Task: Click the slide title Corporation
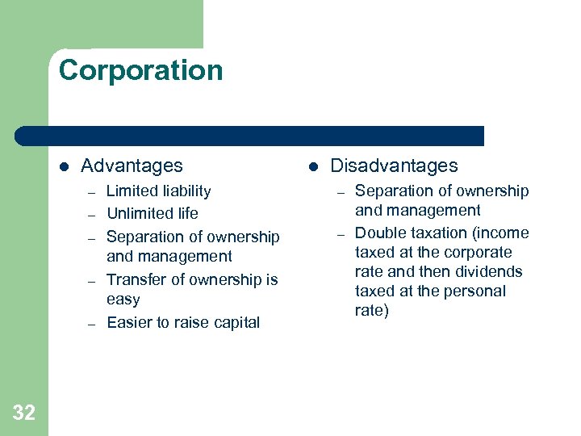(140, 70)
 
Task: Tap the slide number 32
(24, 413)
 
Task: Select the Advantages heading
(132, 166)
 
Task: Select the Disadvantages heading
(394, 166)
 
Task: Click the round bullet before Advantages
(65, 166)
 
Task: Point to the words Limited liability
(158, 191)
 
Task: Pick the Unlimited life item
(152, 214)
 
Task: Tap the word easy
(123, 300)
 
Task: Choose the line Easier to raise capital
(182, 323)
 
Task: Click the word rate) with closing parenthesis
(372, 311)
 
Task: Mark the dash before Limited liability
(92, 193)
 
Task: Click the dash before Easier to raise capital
(92, 324)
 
